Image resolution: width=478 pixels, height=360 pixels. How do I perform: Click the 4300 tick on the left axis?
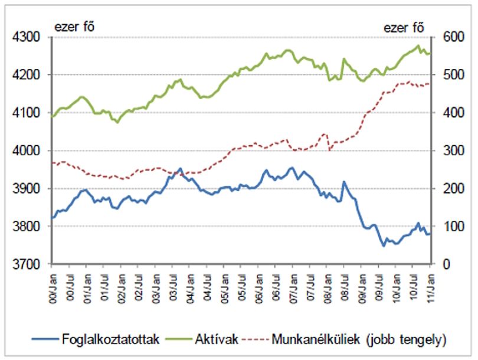[26, 37]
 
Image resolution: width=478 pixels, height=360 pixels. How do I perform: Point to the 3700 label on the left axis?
[26, 264]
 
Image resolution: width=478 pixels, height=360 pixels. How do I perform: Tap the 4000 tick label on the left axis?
[26, 150]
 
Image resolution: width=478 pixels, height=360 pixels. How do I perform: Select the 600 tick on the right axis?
[454, 37]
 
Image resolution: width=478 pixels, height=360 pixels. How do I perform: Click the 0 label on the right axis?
[447, 264]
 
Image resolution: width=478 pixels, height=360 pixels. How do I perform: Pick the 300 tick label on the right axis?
[454, 150]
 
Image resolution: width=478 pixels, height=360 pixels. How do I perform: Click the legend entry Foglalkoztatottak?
[111, 339]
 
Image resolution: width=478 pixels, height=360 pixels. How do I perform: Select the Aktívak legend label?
[217, 339]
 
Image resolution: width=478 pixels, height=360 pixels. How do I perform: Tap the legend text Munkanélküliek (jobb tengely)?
[359, 339]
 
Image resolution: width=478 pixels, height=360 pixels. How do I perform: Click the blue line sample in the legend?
[45, 339]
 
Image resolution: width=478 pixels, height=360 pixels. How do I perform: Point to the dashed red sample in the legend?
[254, 339]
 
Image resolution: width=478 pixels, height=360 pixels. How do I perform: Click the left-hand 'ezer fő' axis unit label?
[74, 27]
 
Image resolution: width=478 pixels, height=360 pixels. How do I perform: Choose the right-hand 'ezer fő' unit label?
[404, 28]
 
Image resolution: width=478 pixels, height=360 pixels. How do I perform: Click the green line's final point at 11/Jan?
[430, 54]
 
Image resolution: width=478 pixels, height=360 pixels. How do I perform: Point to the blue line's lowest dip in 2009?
[384, 246]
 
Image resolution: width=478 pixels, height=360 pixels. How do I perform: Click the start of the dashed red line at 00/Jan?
[53, 163]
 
